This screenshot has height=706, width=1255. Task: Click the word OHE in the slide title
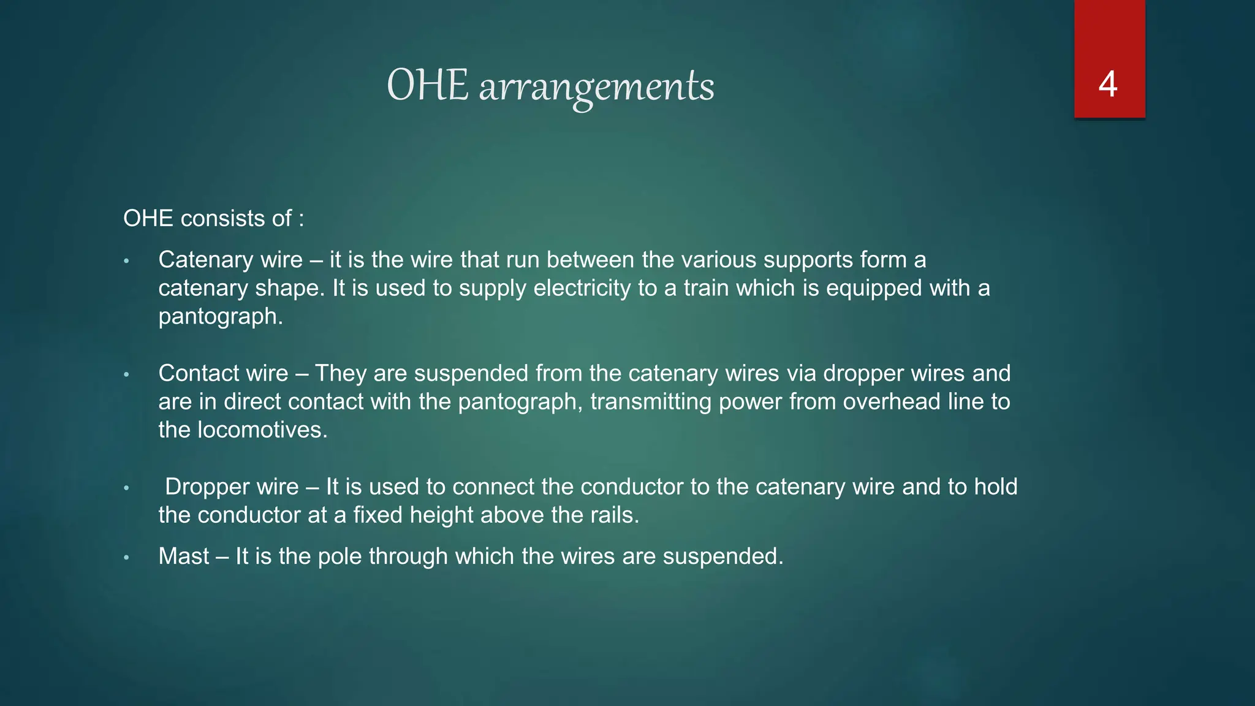[428, 85]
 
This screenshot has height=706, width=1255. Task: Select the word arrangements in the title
[596, 87]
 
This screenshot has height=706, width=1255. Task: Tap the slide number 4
[1108, 84]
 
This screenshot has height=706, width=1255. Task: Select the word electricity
[582, 289]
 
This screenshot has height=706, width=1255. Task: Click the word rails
[615, 515]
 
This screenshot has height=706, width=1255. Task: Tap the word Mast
[184, 556]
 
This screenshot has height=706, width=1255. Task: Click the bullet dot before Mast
[126, 558]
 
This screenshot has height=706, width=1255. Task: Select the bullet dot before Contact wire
[126, 374]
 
